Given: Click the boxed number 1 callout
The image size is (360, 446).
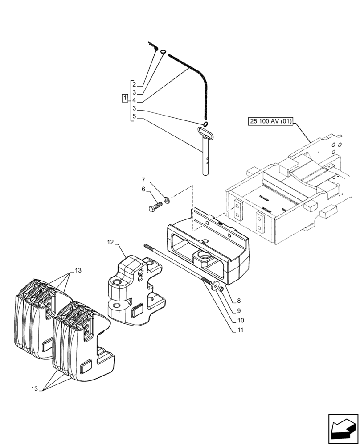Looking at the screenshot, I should [125, 98].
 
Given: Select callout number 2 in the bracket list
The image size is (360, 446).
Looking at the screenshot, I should [134, 85].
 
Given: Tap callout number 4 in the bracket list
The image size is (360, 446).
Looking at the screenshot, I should [134, 101].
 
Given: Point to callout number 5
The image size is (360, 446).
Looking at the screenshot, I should [134, 117].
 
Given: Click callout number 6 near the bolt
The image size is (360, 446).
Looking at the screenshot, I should [144, 189].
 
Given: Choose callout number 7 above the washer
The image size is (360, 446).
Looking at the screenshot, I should [144, 180].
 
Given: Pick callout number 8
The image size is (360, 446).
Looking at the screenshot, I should [239, 301].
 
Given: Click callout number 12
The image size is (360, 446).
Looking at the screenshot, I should [110, 242].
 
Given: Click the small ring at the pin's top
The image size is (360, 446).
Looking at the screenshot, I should [205, 124].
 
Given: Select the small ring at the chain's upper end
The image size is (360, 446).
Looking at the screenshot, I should [164, 52].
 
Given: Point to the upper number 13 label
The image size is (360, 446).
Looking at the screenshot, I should [78, 271].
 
